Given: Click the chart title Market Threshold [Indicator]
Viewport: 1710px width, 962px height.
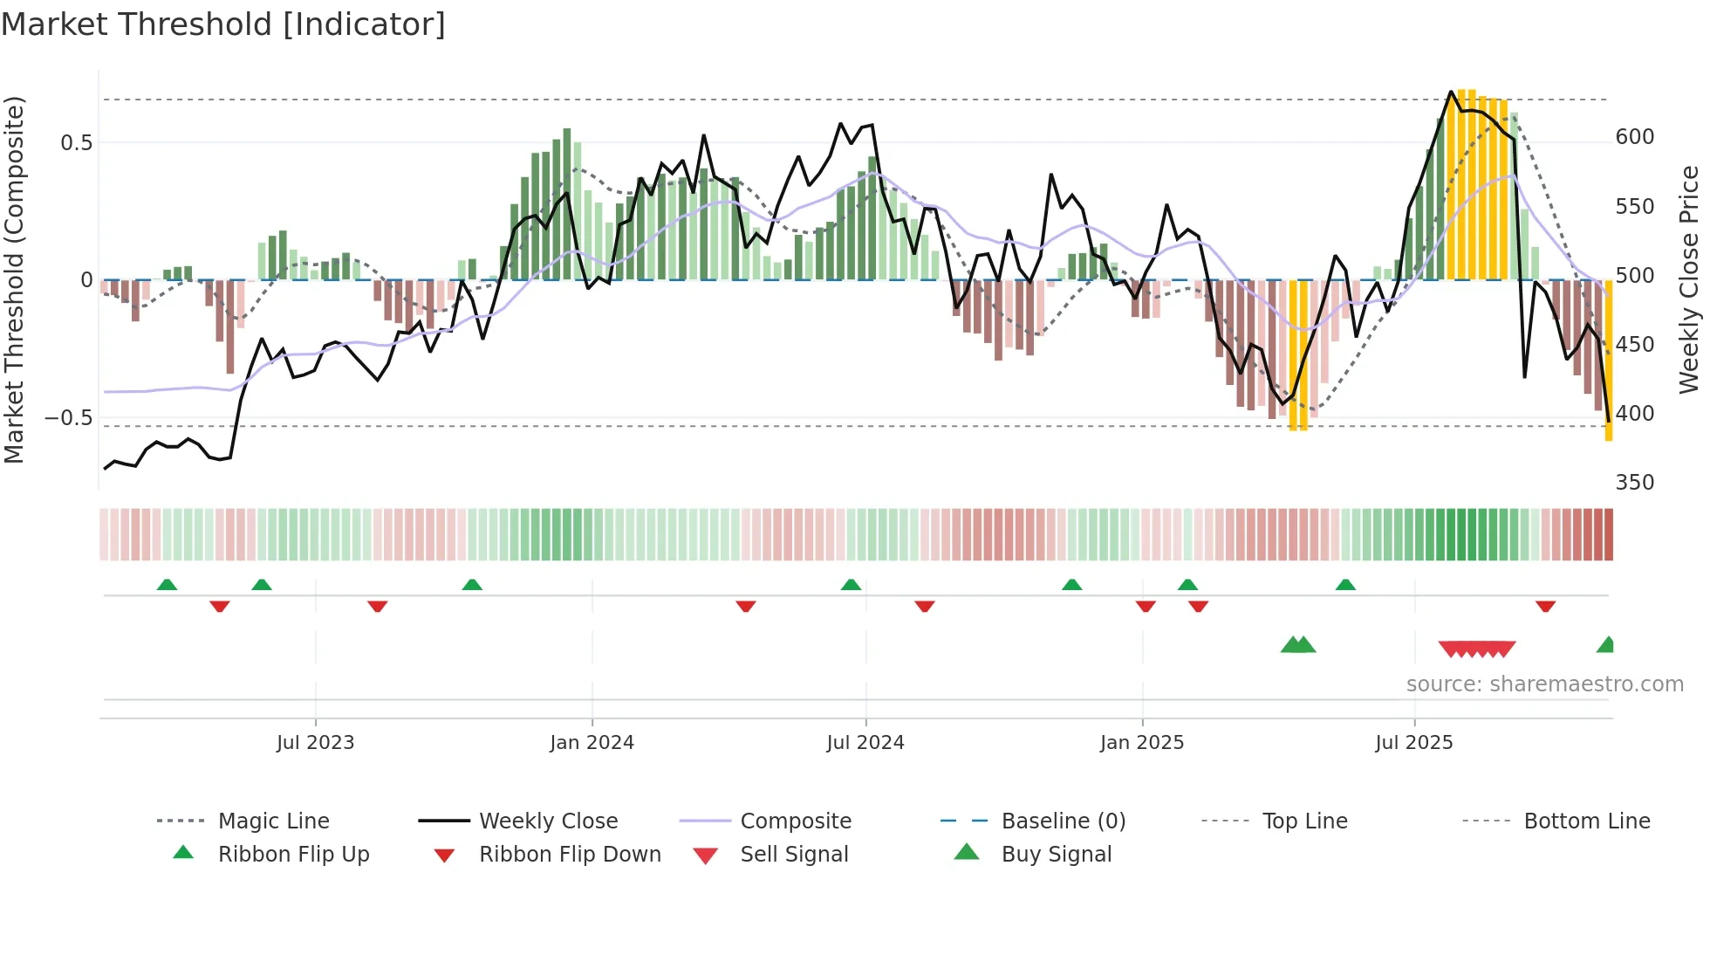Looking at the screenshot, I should point(223,24).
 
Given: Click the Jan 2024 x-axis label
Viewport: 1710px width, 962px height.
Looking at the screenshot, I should point(592,743).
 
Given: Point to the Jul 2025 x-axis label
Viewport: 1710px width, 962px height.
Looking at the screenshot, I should point(1413,743).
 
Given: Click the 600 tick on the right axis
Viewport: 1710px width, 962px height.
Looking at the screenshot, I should point(1634,137).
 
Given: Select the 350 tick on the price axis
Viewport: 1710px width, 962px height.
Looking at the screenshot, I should point(1634,483).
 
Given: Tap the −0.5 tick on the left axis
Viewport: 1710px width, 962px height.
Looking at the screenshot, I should point(68,418).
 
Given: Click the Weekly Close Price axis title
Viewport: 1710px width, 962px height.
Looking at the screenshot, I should point(1689,279).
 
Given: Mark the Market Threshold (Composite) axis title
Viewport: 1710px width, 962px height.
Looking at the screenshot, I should point(14,279).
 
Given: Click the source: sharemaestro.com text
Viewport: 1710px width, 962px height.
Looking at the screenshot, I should point(1544,684).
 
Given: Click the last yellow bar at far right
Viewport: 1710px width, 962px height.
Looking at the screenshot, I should point(1609,360).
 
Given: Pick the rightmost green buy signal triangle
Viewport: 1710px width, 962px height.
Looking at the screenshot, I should point(1606,645).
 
